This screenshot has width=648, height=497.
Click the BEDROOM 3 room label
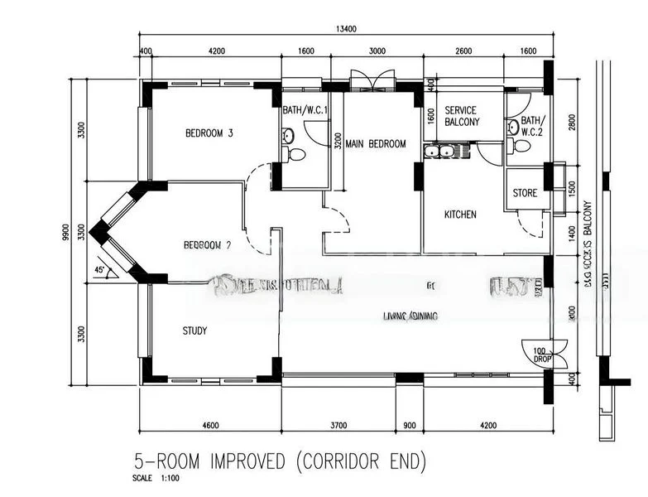[x=209, y=133]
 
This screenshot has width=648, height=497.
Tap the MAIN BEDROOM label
[x=376, y=144]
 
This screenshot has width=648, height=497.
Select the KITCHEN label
[x=460, y=215]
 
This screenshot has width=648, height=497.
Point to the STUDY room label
[x=194, y=331]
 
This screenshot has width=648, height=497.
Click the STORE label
[x=525, y=193]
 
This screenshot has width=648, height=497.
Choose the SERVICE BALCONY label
[x=462, y=116]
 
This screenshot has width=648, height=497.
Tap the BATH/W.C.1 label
[x=305, y=109]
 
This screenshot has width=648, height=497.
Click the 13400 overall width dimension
[x=346, y=29]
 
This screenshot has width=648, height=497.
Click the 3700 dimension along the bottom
[x=338, y=426]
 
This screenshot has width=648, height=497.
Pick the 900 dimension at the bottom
[x=409, y=426]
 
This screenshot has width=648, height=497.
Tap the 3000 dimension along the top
[x=377, y=51]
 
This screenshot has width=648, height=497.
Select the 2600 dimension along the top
[x=463, y=51]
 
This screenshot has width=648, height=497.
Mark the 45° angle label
[x=100, y=271]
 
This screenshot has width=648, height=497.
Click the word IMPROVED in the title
[x=244, y=461]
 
